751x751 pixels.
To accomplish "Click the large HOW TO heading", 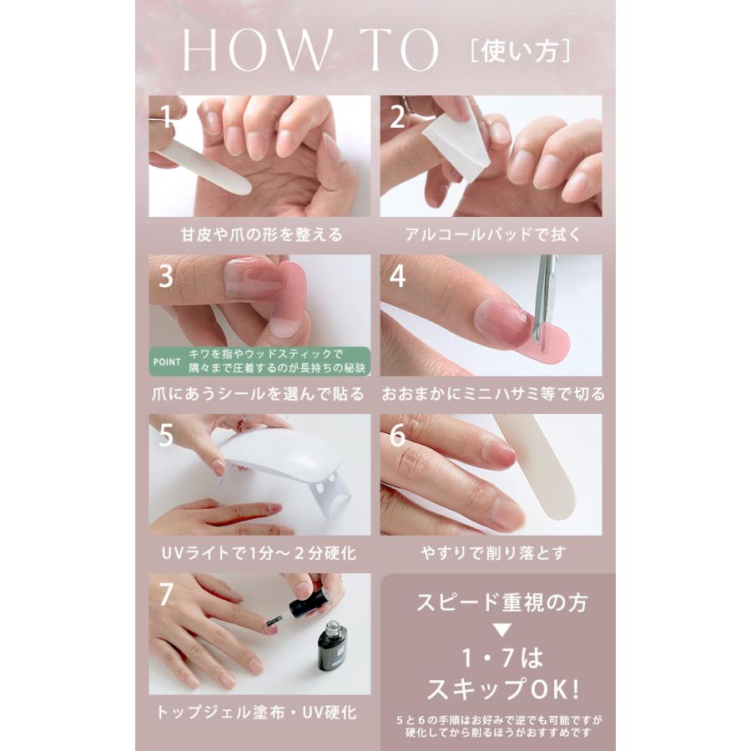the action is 310,50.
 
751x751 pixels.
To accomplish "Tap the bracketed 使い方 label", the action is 521,51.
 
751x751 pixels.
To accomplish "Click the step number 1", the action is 166,116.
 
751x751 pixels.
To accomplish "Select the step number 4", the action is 397,275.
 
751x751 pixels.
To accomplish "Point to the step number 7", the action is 166,594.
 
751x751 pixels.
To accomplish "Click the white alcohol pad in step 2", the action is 459,144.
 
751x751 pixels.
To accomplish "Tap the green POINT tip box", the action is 260,361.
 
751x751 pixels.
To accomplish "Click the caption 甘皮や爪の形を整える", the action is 261,234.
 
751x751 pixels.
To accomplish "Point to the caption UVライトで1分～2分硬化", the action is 260,554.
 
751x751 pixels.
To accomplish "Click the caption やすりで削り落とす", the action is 493,554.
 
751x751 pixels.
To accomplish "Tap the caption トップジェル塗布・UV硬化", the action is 257,713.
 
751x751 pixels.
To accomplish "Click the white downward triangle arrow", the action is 502,630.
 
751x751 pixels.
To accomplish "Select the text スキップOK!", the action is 503,689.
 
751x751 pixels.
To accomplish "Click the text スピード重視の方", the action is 502,602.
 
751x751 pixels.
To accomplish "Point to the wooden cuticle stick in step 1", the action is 201,167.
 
